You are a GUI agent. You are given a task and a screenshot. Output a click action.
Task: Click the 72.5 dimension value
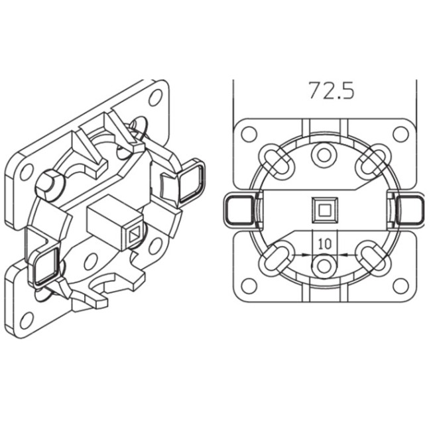(x=331, y=90)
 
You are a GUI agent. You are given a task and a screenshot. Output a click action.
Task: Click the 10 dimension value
(x=324, y=243)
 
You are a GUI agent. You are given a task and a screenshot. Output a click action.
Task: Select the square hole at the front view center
(x=324, y=210)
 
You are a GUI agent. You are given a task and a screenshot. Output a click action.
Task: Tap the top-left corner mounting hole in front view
(x=249, y=133)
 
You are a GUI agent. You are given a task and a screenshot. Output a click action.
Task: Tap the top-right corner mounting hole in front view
(x=400, y=133)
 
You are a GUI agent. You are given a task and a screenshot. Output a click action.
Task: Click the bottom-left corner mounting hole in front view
(x=249, y=286)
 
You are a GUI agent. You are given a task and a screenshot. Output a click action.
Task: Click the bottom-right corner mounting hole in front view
(x=400, y=286)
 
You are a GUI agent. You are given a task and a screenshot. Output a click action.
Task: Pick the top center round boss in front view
(x=324, y=155)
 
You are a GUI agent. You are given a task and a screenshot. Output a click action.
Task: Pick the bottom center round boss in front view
(x=324, y=266)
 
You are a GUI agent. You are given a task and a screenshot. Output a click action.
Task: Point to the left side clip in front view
(x=238, y=210)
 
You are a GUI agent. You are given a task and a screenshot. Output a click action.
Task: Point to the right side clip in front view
(x=411, y=210)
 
